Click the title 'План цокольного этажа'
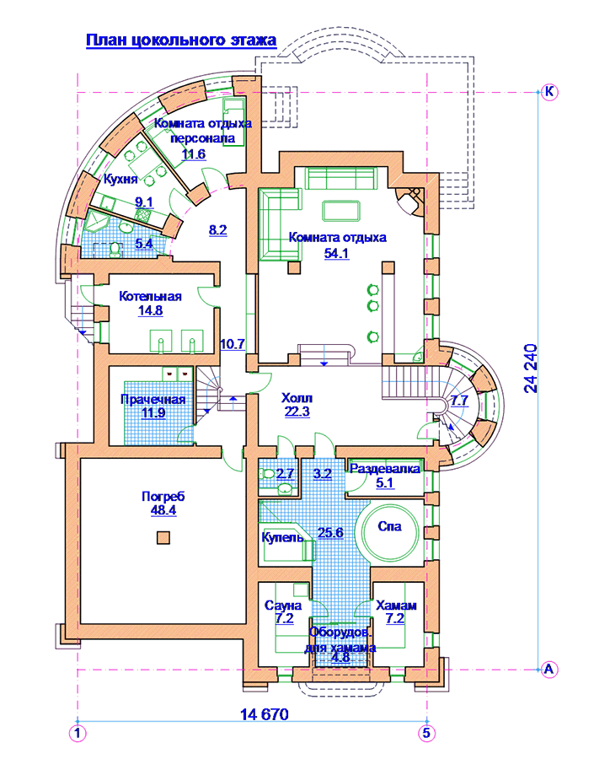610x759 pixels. [181, 40]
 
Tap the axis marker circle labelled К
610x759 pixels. [549, 91]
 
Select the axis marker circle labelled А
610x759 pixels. [548, 670]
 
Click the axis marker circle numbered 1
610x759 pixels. [78, 734]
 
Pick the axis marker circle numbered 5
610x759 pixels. [426, 733]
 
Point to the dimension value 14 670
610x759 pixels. [264, 714]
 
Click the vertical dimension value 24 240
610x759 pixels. [531, 369]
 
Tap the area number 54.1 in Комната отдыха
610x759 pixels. [336, 253]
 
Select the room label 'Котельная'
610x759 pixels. [151, 296]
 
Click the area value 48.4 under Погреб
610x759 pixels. [163, 509]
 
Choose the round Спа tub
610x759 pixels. [390, 532]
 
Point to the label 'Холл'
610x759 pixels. [297, 398]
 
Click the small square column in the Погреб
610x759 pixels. [163, 538]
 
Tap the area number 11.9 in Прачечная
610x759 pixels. [153, 413]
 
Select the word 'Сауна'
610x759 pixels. [283, 605]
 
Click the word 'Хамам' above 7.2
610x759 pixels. [396, 605]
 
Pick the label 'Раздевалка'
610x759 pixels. [385, 469]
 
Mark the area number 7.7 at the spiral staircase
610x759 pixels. [459, 401]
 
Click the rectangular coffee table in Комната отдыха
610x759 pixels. [341, 211]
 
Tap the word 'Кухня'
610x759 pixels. [120, 180]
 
